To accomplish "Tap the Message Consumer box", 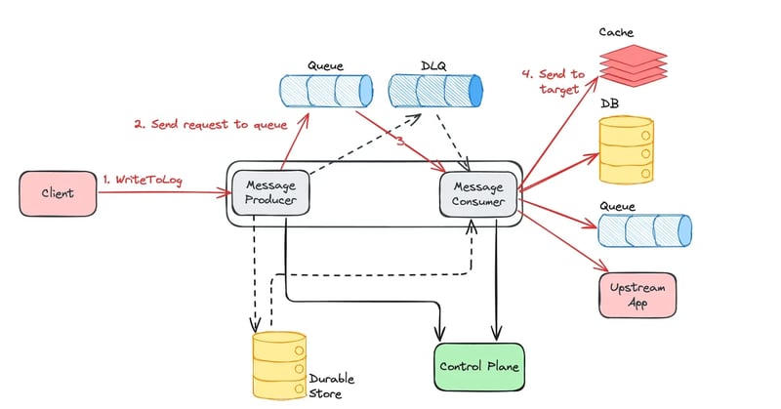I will [478, 193].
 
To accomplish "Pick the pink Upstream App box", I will [637, 296].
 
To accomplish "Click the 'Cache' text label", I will [614, 31].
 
